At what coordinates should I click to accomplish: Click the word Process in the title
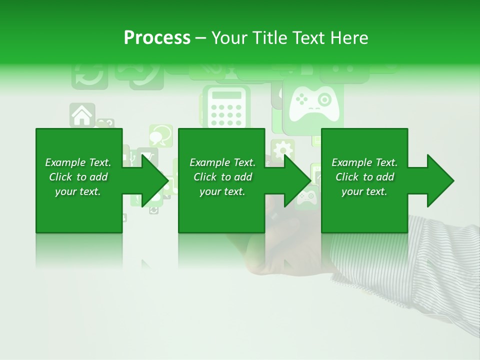[x=157, y=38]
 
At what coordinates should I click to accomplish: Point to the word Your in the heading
[x=230, y=38]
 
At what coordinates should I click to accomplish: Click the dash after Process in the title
[x=201, y=38]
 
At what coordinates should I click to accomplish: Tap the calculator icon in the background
[x=225, y=108]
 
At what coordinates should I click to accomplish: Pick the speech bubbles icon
[x=161, y=135]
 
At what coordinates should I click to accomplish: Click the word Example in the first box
[x=65, y=162]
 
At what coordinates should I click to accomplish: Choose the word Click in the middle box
[x=205, y=177]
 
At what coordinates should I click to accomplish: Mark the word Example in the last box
[x=351, y=162]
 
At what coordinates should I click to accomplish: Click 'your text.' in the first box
[x=78, y=191]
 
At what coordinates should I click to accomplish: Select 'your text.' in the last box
[x=364, y=191]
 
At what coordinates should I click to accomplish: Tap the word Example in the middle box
[x=209, y=162]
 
